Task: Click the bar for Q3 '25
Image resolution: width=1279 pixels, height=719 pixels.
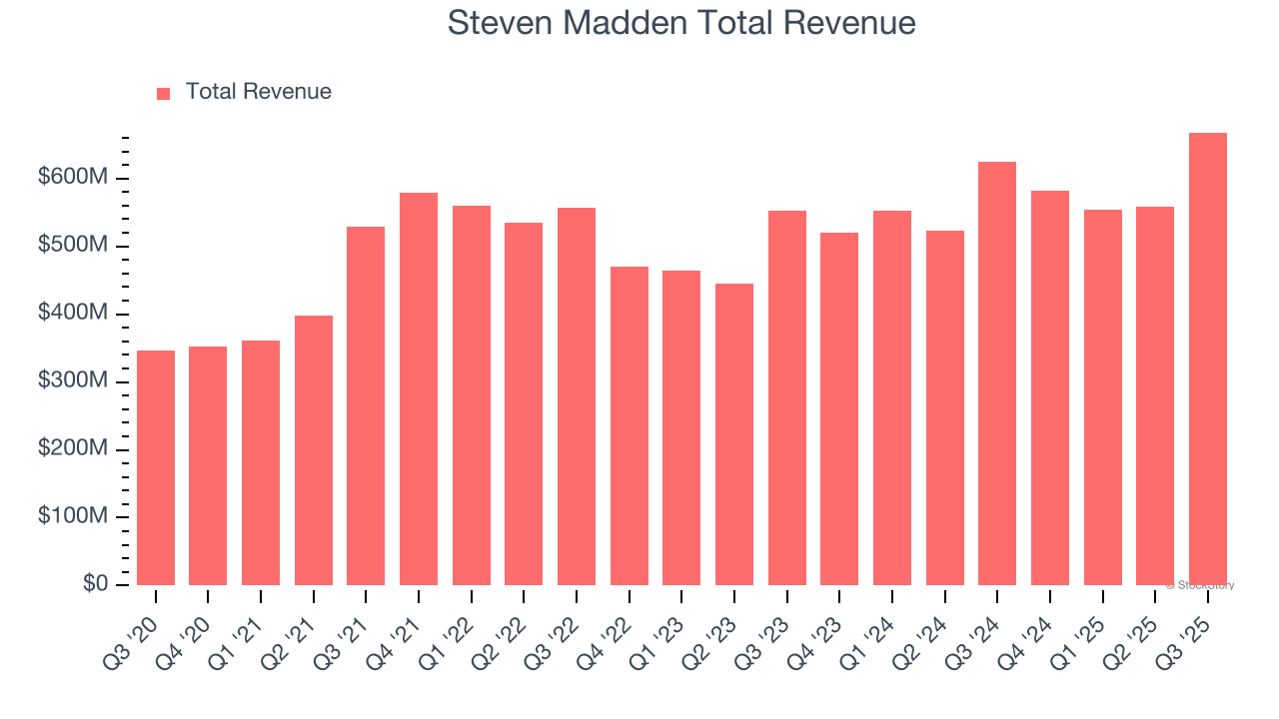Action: [x=1208, y=359]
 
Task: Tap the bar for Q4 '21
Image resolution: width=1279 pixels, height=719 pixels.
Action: [x=419, y=388]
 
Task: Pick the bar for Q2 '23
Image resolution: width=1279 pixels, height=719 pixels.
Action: [x=734, y=434]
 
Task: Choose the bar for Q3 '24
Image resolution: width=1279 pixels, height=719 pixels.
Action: [x=997, y=373]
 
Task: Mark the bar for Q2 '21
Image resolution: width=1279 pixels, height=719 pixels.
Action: [x=314, y=450]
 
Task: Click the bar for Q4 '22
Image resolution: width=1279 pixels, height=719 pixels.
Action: [x=630, y=425]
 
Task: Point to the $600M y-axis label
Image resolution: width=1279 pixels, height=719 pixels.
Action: [x=73, y=178]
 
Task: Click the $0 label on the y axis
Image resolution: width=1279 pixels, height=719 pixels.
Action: [x=95, y=584]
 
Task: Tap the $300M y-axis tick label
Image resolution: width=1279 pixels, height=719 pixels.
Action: [x=73, y=381]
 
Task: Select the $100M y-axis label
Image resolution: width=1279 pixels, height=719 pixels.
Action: [x=73, y=517]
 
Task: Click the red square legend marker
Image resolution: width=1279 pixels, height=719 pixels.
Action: [x=164, y=93]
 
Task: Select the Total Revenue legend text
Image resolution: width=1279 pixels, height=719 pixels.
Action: [x=258, y=92]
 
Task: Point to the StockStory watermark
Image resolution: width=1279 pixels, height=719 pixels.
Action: [x=1199, y=585]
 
